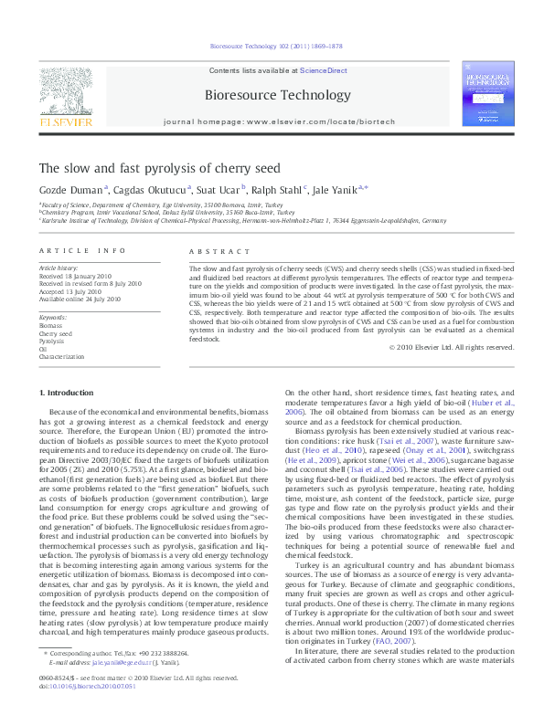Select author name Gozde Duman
[70, 190]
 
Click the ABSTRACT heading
[212, 250]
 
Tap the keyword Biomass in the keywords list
[50, 324]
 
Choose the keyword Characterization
[61, 356]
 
